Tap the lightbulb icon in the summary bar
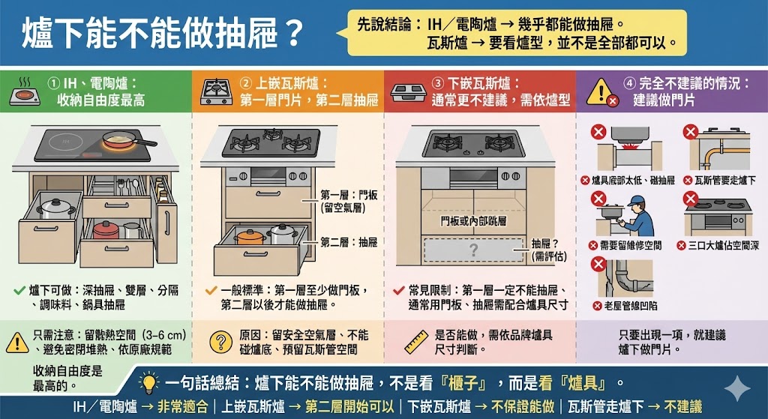(149, 384)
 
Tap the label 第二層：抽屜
(348, 242)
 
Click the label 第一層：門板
(348, 195)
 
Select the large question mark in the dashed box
(473, 250)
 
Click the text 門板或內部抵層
(473, 221)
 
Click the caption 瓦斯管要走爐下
(724, 181)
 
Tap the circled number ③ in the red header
(438, 83)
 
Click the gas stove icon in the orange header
(217, 91)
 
